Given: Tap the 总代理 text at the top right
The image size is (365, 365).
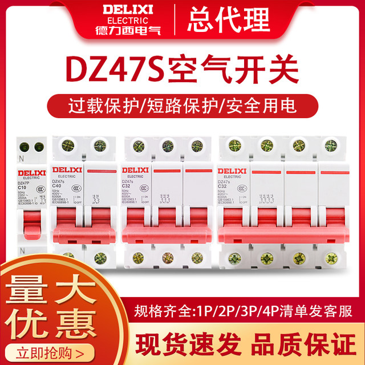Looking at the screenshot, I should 228,19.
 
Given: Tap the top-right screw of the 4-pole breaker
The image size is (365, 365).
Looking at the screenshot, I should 331,145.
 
